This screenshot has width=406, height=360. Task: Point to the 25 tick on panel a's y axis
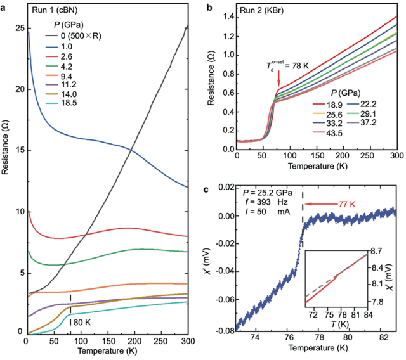pyautogui.click(x=16, y=29)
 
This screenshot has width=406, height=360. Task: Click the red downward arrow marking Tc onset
pyautogui.click(x=278, y=79)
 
